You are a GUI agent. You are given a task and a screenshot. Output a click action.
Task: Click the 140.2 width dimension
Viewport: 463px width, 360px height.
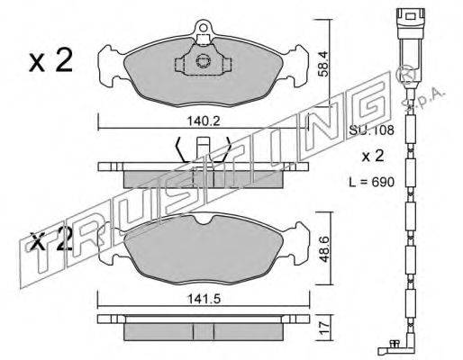pyautogui.click(x=204, y=121)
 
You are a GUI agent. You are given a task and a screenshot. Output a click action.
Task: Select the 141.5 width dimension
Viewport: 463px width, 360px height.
pyautogui.click(x=204, y=299)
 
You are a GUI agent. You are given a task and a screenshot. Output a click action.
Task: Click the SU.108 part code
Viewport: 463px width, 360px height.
pyautogui.click(x=371, y=130)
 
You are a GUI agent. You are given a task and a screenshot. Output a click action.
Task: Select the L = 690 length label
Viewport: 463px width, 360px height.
pyautogui.click(x=371, y=182)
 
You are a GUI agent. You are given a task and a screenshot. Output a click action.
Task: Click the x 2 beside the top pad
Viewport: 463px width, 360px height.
pyautogui.click(x=51, y=60)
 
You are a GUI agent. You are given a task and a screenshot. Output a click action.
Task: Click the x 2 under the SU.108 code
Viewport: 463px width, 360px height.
pyautogui.click(x=372, y=156)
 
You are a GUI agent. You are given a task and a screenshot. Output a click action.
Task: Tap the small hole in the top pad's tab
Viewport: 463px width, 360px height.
pyautogui.click(x=204, y=28)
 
